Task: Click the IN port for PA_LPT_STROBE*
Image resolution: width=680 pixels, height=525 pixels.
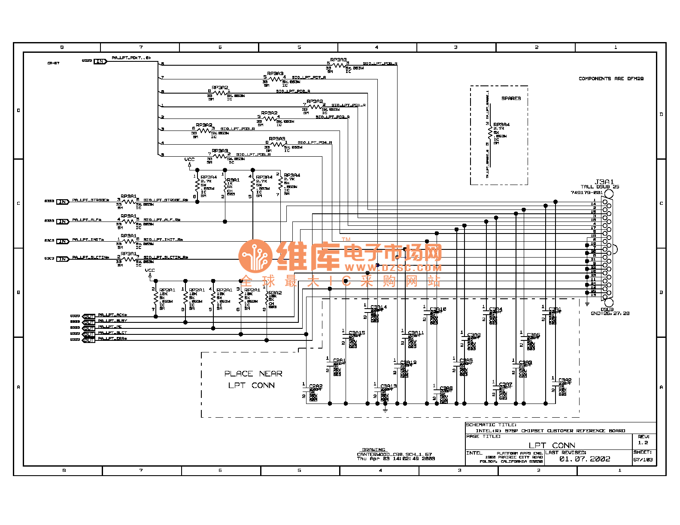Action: (63, 202)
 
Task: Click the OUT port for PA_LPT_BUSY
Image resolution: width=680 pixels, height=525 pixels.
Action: (89, 322)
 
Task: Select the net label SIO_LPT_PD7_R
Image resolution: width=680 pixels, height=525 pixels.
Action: (309, 78)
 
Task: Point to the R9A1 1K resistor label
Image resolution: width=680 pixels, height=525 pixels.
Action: (233, 180)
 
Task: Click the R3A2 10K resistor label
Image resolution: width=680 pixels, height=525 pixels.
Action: (275, 293)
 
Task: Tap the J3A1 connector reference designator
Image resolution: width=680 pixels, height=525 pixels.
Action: (604, 182)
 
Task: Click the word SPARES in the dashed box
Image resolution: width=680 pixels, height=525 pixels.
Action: (511, 99)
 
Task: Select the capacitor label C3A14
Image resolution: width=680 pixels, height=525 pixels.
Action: (379, 307)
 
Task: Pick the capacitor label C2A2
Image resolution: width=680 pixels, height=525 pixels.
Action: (316, 386)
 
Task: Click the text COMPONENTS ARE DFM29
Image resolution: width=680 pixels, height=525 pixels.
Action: (611, 79)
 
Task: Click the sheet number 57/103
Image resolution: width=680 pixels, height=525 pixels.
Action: (643, 460)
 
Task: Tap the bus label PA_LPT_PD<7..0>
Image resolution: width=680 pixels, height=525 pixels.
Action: (131, 58)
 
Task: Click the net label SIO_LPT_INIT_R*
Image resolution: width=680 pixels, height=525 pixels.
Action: (163, 240)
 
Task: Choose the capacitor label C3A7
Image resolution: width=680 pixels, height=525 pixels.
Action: (506, 385)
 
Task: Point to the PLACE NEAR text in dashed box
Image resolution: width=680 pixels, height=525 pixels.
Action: (253, 374)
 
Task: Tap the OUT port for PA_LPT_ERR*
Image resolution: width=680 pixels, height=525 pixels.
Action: (89, 340)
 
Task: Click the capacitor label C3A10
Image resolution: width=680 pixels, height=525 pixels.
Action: (438, 309)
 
